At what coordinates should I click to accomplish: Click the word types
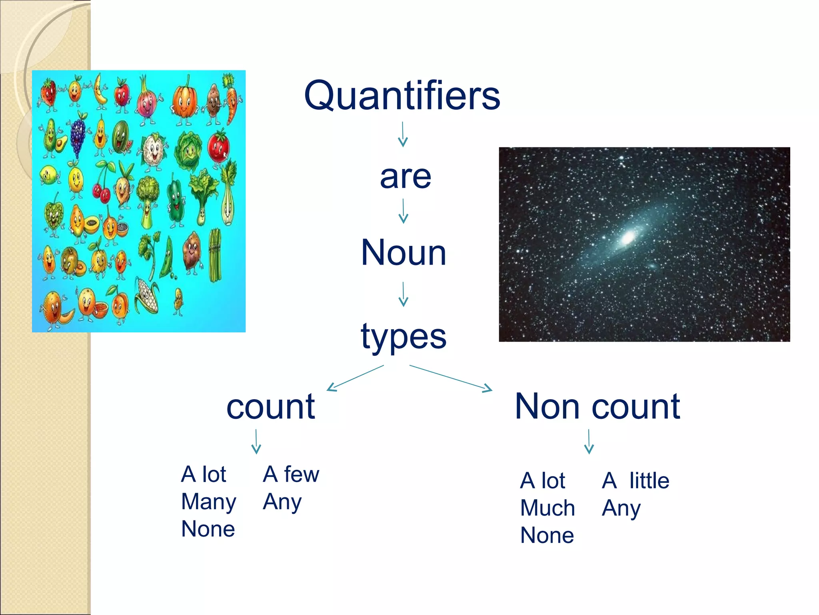(404, 336)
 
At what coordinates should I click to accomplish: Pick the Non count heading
(597, 406)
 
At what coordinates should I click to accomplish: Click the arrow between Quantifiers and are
(403, 135)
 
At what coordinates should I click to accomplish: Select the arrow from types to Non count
(451, 378)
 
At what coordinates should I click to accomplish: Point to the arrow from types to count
(355, 378)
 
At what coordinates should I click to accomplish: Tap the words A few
(291, 474)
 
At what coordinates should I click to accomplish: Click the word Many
(208, 502)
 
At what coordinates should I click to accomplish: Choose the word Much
(547, 508)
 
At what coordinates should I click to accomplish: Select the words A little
(635, 480)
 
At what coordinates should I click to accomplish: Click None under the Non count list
(547, 535)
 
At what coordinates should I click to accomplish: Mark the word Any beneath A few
(282, 502)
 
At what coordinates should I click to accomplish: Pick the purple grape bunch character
(78, 134)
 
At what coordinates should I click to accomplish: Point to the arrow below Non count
(589, 442)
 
